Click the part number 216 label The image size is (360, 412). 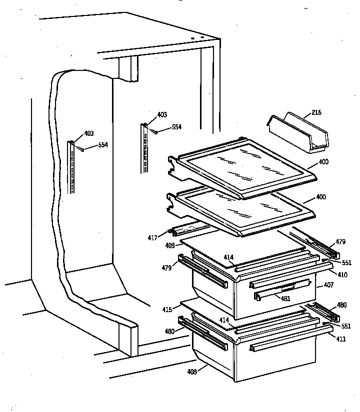click(316, 113)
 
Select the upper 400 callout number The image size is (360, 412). click(323, 162)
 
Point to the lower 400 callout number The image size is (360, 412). click(320, 197)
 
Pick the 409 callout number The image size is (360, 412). click(170, 246)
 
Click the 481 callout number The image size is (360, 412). click(284, 299)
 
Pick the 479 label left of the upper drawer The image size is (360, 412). click(166, 268)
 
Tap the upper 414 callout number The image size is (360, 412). click(228, 258)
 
